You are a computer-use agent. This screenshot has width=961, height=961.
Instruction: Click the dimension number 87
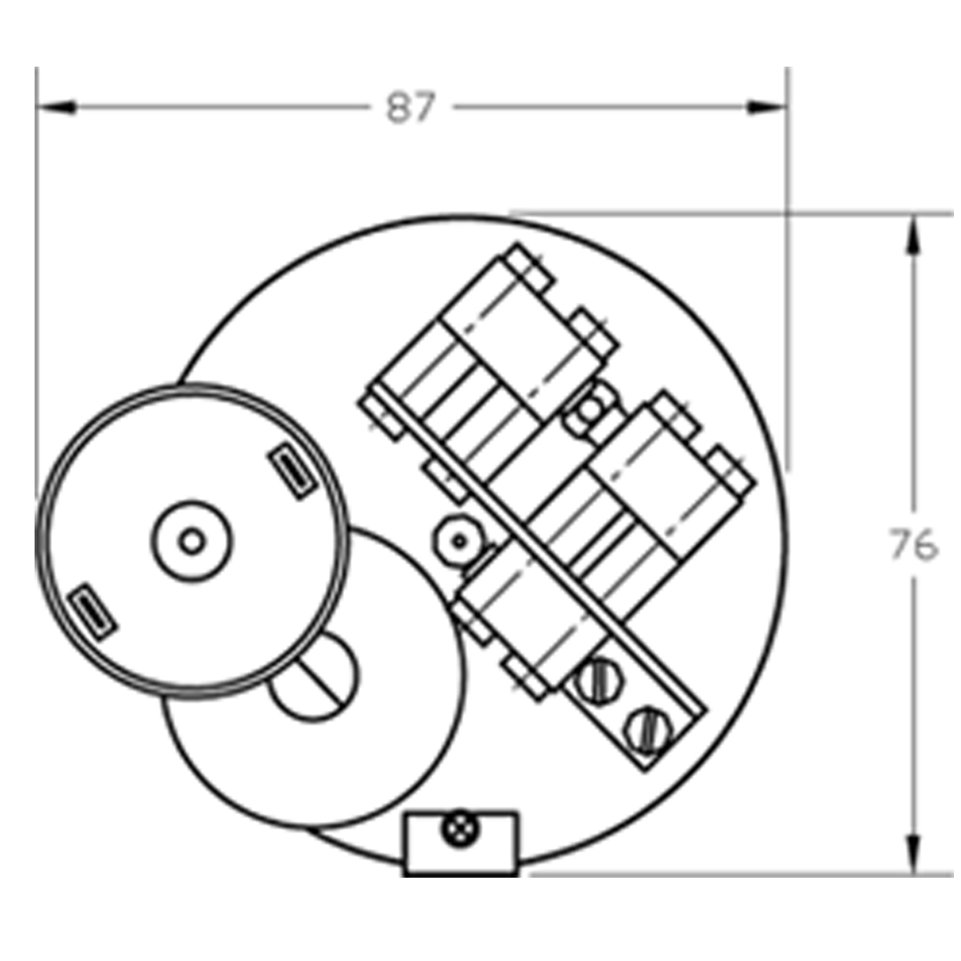point(411,108)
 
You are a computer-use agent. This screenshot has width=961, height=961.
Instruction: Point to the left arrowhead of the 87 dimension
point(56,108)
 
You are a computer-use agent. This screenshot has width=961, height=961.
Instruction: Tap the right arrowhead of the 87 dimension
point(767,108)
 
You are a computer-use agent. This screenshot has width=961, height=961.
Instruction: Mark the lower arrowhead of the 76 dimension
point(914,852)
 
